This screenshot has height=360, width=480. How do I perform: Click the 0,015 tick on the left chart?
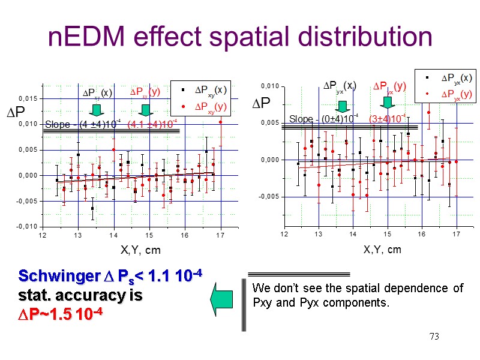point(29,98)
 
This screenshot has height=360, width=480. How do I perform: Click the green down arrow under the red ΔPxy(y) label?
point(144,110)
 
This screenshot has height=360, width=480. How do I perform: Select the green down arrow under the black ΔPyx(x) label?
point(343,106)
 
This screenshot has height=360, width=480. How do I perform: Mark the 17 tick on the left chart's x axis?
point(221,235)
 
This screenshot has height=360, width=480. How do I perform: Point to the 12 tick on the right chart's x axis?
point(283,233)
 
